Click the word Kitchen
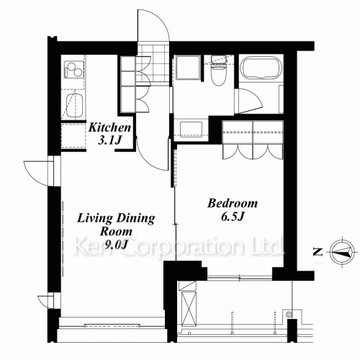[x=109, y=127]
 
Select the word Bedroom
[x=233, y=204]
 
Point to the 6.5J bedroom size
[x=233, y=217]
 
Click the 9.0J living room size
[x=116, y=245]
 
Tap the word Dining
[x=135, y=219]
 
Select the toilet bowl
[x=218, y=72]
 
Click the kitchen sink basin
[x=74, y=106]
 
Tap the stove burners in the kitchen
[x=74, y=70]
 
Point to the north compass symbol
[x=341, y=252]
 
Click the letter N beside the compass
[x=318, y=252]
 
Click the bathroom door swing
[x=249, y=101]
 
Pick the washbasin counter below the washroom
[x=191, y=130]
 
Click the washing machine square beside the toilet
[x=188, y=68]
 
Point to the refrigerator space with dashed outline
[x=73, y=136]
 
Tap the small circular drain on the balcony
[x=289, y=314]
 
